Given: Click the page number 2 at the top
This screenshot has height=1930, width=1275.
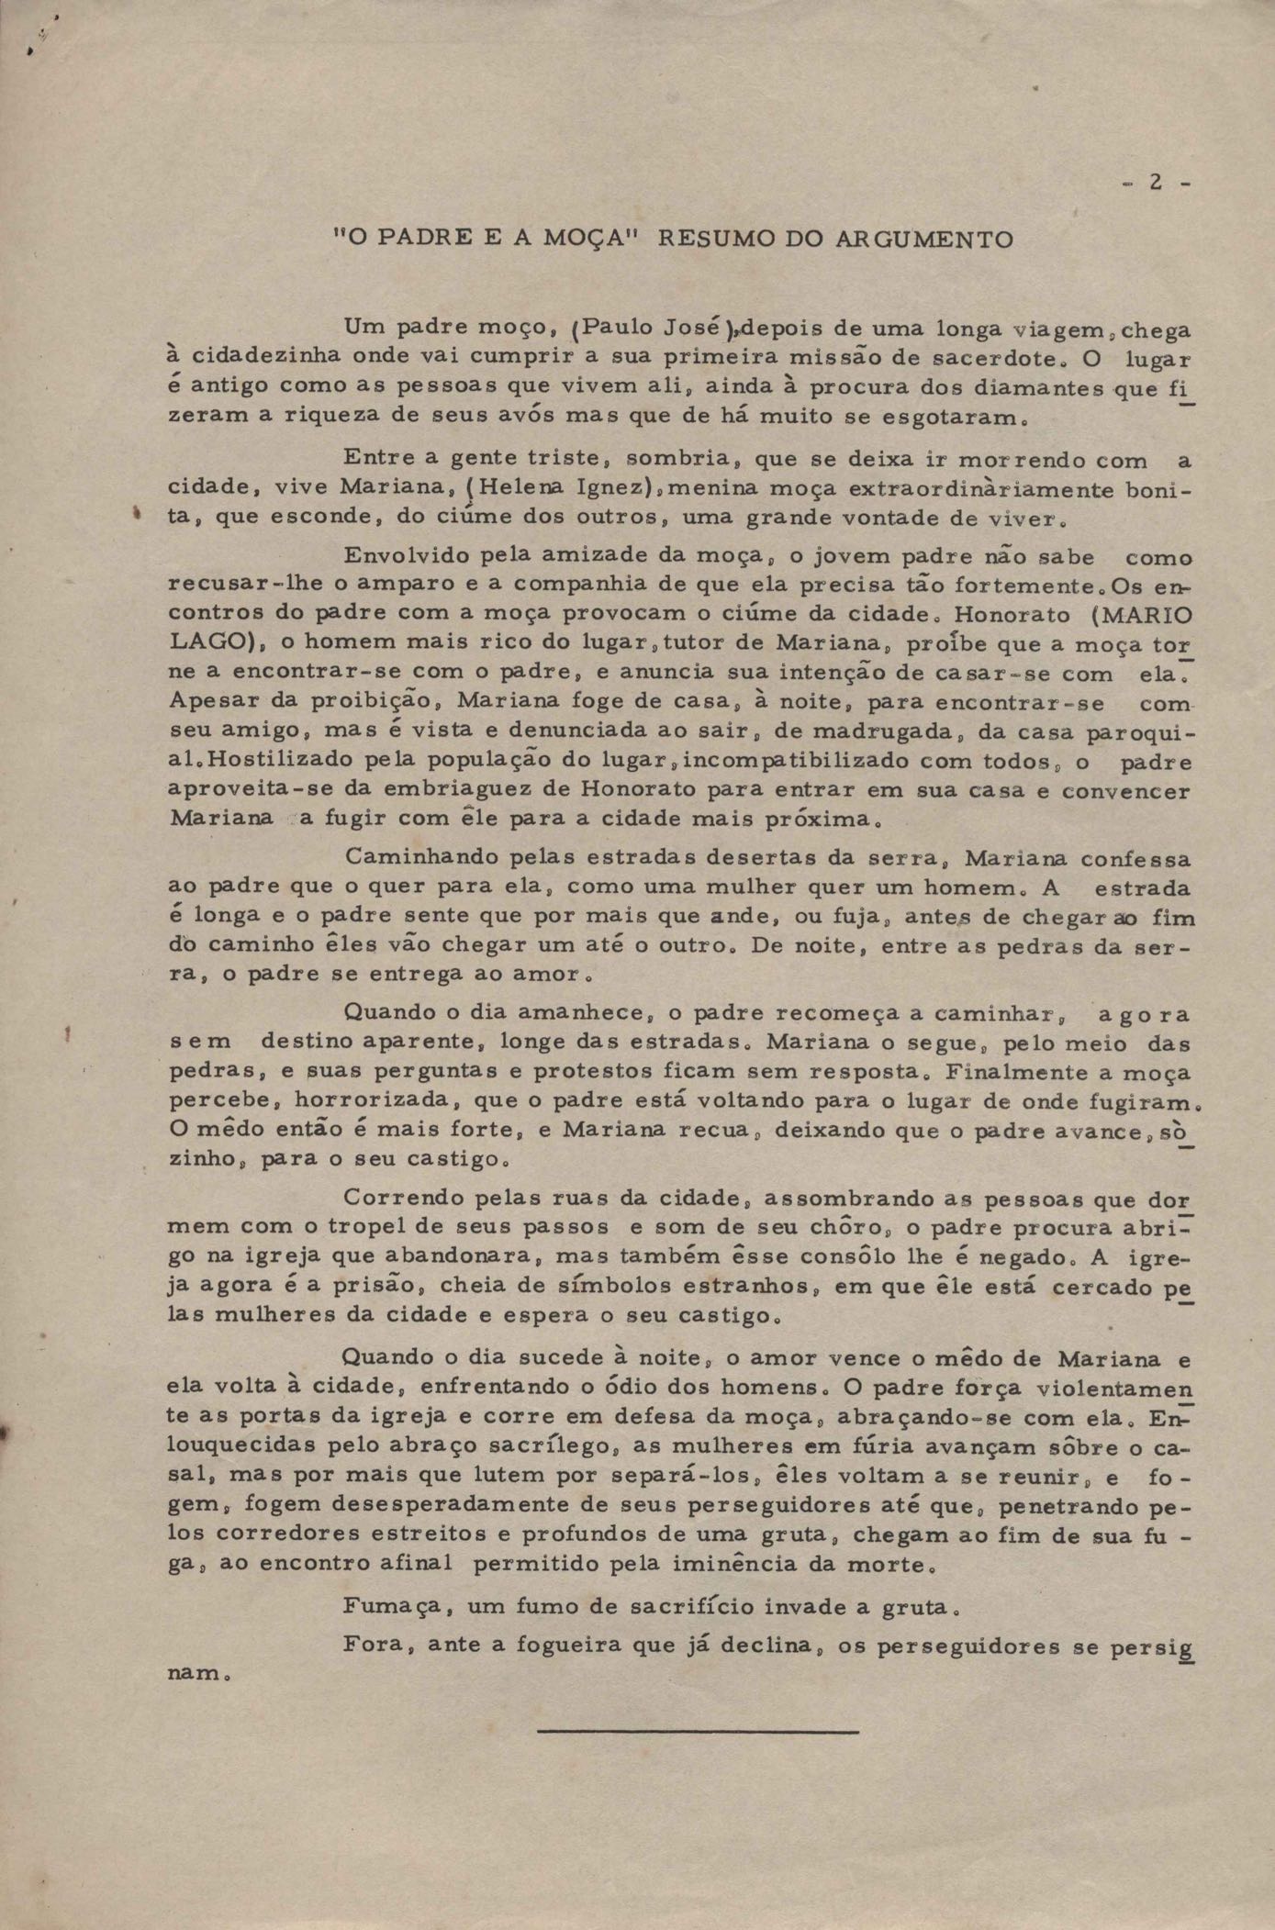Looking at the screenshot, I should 1156,183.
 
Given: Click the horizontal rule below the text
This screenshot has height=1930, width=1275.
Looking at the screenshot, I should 698,1732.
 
